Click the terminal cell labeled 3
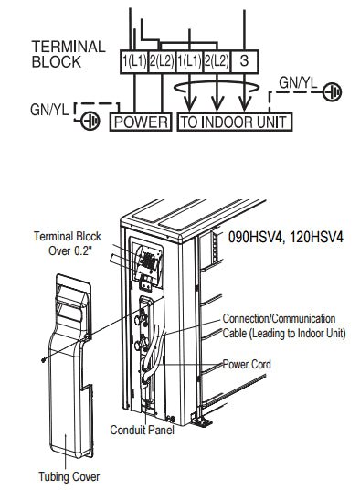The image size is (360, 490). pos(246,61)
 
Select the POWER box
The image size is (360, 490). pos(139,121)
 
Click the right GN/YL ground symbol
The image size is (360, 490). pos(334,91)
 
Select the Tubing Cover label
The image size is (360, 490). pos(69,475)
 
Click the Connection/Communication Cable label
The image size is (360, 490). pos(283,325)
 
